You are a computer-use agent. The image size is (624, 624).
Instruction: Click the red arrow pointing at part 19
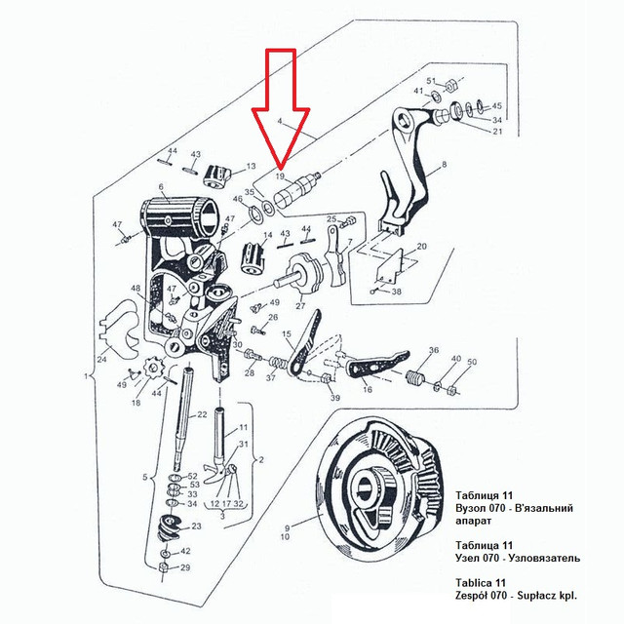point(281,107)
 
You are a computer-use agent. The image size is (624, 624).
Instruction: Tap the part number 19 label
point(281,175)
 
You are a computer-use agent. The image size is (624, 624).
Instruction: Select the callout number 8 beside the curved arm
point(445,164)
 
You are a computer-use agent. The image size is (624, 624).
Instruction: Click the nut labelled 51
point(450,85)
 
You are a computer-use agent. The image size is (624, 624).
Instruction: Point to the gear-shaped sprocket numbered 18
point(150,369)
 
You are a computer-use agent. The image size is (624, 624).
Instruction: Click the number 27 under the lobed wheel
point(300,305)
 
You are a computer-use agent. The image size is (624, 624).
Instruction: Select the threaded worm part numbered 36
point(415,377)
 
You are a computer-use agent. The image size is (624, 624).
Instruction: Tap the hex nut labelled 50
point(451,389)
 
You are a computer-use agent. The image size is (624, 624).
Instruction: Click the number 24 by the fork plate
point(102,360)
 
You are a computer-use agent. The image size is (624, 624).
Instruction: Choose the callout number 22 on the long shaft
point(202,414)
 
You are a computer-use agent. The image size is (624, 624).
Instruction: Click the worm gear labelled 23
point(168,527)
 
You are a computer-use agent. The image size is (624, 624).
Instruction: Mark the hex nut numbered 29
point(163,567)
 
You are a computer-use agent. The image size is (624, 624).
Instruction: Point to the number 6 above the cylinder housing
point(161,186)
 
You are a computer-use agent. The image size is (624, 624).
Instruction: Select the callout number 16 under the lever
point(368,389)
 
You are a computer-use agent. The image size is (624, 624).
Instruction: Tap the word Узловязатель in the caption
point(543,558)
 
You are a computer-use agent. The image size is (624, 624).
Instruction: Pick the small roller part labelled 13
point(217,176)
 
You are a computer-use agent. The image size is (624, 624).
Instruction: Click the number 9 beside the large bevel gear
point(287,528)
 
